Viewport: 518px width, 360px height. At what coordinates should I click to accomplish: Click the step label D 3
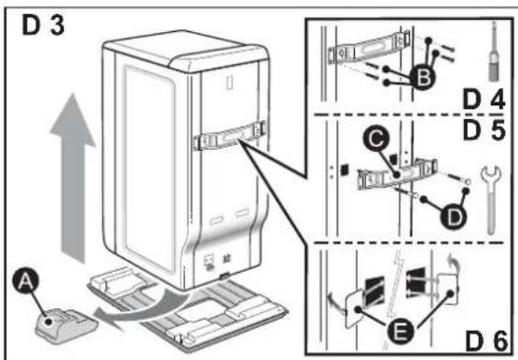point(43,26)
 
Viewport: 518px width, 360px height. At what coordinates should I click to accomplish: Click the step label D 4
point(484,100)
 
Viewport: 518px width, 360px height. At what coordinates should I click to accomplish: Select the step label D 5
point(484,130)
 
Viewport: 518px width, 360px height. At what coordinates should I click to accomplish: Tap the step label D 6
point(486,341)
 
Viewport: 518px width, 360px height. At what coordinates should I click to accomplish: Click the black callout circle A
point(26,281)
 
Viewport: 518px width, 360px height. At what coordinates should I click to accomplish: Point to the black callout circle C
point(376,139)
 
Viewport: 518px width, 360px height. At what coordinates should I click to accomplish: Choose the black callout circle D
point(454,217)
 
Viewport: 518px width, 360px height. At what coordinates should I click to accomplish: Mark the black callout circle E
point(400,331)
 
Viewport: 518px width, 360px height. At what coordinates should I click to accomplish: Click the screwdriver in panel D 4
point(494,52)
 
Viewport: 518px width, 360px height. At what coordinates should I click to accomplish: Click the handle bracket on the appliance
point(229,136)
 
